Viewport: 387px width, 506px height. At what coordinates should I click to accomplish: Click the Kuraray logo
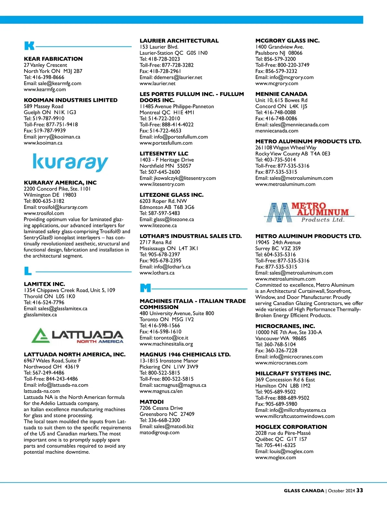pos(70,163)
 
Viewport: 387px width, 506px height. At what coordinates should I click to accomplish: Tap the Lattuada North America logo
pos(77,335)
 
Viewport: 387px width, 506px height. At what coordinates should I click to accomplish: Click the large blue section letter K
pos(29,46)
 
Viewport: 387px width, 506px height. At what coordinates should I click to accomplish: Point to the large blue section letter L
pos(28,271)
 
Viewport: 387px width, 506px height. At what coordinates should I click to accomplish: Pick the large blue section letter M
pos(145,288)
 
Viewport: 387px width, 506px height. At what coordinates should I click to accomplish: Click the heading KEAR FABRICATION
pos(53,59)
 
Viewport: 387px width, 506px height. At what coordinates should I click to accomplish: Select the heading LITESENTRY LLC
pos(164,154)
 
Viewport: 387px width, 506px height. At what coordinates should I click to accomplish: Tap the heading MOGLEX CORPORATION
pos(291,427)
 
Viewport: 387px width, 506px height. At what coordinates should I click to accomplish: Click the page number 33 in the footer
pos(360,490)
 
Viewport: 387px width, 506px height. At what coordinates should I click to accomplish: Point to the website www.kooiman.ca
pos(43,143)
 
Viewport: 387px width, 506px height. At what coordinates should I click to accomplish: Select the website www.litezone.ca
pos(158,225)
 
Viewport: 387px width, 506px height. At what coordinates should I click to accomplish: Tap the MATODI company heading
pos(152,402)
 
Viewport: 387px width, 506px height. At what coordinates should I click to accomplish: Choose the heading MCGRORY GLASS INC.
pos(287,41)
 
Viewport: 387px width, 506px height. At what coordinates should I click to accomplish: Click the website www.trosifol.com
pos(44,213)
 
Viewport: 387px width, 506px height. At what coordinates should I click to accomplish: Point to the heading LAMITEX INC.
pos(45,284)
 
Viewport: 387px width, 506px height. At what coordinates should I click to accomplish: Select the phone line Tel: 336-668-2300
pos(160,420)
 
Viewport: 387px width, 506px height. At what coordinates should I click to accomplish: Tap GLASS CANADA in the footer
pos(304,491)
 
